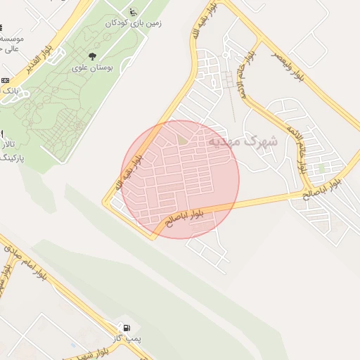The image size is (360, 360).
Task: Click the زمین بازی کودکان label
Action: click(x=134, y=23)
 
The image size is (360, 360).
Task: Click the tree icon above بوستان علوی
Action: click(x=92, y=56)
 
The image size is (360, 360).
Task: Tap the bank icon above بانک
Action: click(x=5, y=80)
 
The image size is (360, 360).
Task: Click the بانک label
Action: click(x=8, y=91)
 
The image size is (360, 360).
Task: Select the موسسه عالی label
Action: click(x=10, y=43)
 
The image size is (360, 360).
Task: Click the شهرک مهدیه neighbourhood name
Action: click(x=242, y=141)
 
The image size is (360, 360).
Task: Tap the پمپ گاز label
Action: click(x=127, y=340)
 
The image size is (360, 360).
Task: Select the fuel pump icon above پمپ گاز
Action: click(x=126, y=328)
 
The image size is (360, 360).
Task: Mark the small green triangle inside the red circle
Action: click(x=183, y=141)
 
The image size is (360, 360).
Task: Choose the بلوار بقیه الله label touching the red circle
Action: click(x=129, y=172)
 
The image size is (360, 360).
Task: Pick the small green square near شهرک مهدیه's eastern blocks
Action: click(x=321, y=168)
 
